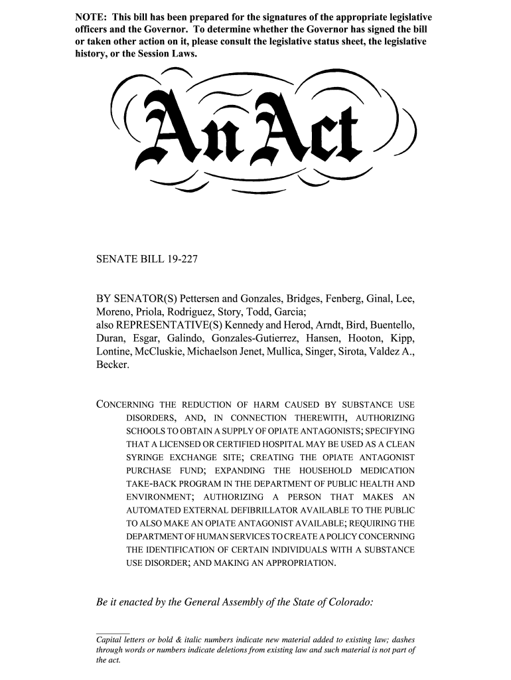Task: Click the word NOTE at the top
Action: (x=90, y=16)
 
